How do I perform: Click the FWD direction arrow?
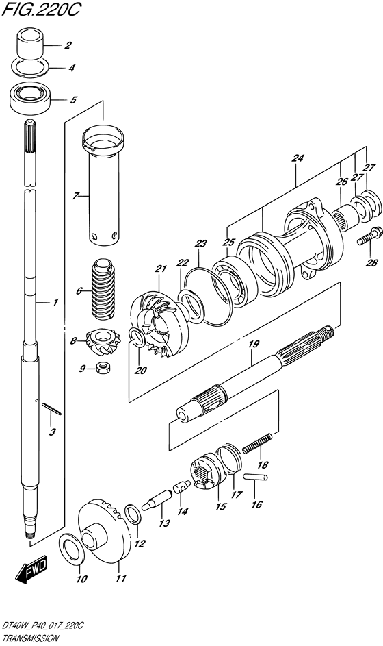tap(32, 570)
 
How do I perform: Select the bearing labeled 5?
tap(29, 98)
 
